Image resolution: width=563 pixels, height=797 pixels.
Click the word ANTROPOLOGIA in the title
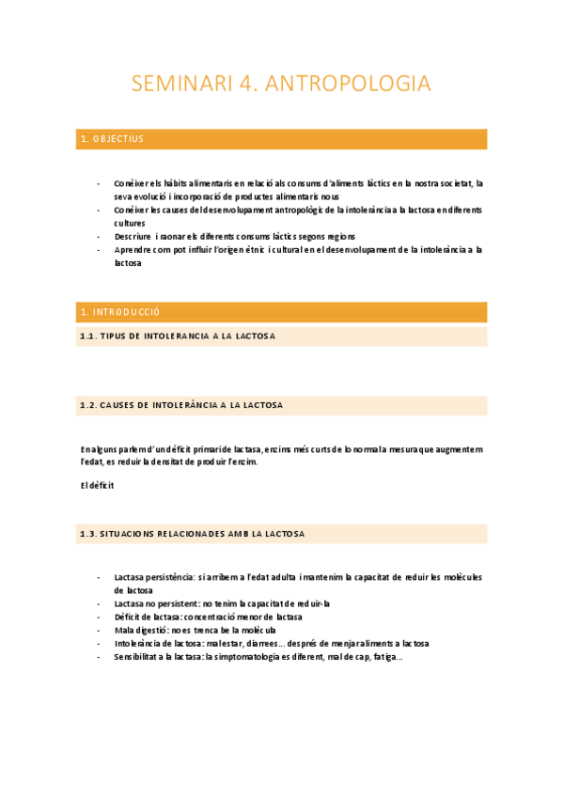[x=349, y=84]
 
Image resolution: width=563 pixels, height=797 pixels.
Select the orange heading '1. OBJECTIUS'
[x=112, y=139]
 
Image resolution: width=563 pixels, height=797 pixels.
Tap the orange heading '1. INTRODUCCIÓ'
[x=121, y=311]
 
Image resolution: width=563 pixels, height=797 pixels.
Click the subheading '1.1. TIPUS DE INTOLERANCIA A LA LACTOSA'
[x=178, y=336]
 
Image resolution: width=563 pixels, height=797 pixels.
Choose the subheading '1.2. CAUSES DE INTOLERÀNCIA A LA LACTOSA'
[x=182, y=405]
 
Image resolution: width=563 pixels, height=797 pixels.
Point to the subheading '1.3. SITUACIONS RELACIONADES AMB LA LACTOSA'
[x=193, y=534]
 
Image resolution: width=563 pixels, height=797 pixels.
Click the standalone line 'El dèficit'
[x=97, y=486]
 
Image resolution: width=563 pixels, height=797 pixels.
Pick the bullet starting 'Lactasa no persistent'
[x=221, y=603]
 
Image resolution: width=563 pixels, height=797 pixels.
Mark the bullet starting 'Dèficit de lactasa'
[x=208, y=617]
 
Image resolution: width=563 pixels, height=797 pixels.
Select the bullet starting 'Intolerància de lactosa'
[x=271, y=644]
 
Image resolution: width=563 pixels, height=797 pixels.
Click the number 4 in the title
[x=247, y=84]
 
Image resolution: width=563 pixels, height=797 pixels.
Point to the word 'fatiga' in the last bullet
[x=387, y=657]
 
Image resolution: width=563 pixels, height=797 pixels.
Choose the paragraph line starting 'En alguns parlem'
[x=282, y=450]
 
